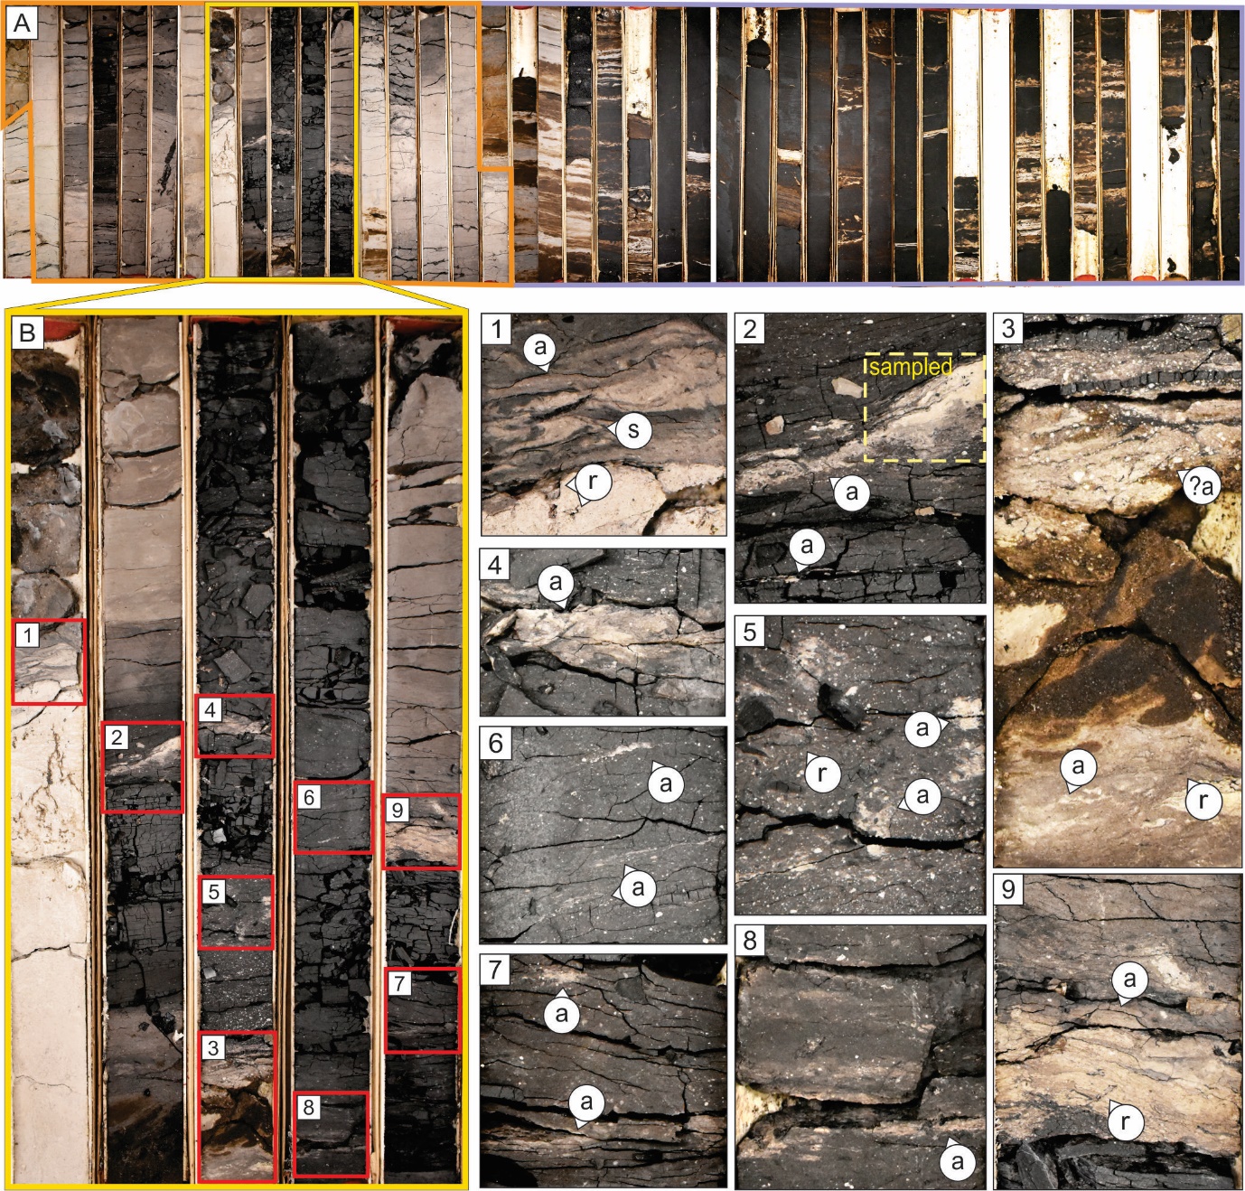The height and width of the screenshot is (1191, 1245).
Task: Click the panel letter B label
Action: (27, 333)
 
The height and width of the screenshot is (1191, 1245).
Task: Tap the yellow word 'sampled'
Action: (911, 367)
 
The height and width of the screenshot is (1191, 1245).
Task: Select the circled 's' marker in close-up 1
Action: (633, 429)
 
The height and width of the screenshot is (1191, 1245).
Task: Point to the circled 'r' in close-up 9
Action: (1126, 1121)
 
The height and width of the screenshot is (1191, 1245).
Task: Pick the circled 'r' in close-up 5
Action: (822, 774)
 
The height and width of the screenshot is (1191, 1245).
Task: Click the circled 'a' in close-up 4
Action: (556, 582)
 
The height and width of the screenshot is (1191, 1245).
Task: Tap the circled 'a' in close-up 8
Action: (958, 1160)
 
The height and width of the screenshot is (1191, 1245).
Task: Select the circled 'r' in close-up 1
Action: (593, 482)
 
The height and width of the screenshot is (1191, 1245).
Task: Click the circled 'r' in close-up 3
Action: (1203, 801)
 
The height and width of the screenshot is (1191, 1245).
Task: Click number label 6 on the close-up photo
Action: (496, 744)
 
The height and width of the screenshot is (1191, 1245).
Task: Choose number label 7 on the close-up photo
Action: (496, 971)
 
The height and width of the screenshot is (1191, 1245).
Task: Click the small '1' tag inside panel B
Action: (27, 635)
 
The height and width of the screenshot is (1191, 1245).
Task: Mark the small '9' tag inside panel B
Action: (398, 811)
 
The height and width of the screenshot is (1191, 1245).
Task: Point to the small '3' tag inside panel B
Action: (214, 1047)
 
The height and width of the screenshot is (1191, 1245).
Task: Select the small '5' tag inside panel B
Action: (214, 892)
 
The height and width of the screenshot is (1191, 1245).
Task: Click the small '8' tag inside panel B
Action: (308, 1108)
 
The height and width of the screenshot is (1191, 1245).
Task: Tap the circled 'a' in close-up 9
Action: (1130, 979)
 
